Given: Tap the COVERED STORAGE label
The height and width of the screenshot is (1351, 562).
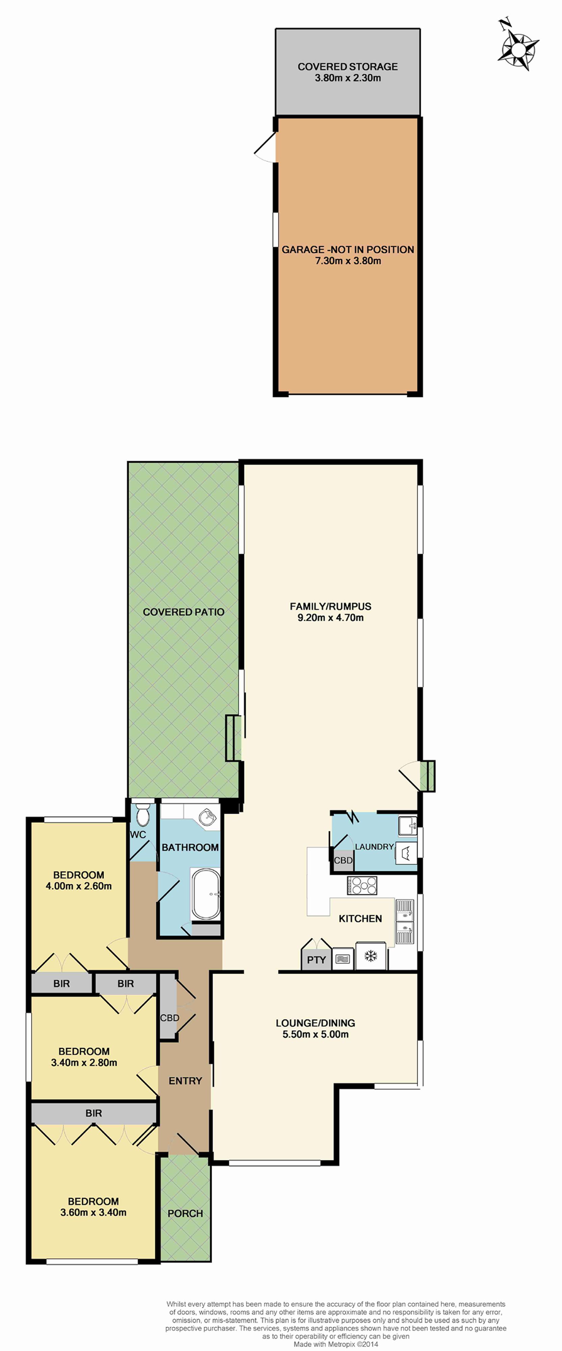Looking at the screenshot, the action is point(348,67).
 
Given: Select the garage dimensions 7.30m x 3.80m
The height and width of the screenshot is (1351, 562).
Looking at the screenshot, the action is point(348,261).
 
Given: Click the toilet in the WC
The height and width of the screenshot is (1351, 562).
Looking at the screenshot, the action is point(143,816).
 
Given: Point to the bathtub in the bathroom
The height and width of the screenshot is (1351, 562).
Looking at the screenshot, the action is point(206,894).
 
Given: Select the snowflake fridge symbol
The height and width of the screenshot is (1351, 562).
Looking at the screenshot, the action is point(371,956).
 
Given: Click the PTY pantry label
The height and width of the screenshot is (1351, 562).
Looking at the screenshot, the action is point(316,960).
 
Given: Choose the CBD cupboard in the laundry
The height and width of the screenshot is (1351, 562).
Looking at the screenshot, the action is point(343,861).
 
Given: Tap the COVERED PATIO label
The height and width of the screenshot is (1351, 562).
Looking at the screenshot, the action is point(183,612).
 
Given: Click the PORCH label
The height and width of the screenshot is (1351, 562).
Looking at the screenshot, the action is point(185,1214).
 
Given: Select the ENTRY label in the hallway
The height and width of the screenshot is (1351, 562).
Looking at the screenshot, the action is point(185,1081).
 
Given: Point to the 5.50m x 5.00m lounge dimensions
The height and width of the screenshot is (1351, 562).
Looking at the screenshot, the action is point(315,1034).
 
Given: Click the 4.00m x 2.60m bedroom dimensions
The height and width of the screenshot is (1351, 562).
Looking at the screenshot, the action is point(79,886).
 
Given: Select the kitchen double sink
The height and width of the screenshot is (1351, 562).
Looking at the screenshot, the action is point(405,921).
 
